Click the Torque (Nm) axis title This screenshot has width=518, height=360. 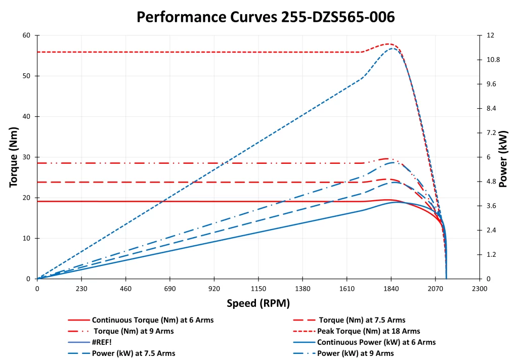pos(15,157)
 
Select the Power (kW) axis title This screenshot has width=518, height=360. pos(503,157)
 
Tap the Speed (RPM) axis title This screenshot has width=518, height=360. pos(258,303)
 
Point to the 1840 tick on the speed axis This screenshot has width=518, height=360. pos(391,289)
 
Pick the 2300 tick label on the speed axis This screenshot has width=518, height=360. pos(479,289)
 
